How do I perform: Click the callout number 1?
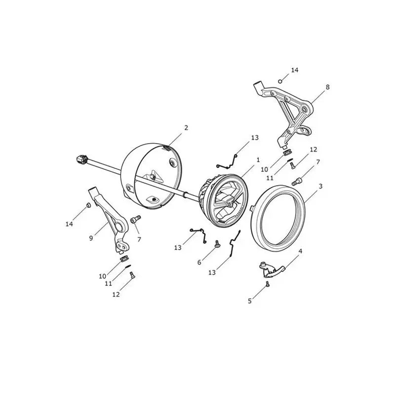pos(258,160)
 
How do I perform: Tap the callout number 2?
pos(186,128)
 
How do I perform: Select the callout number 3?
pos(320,186)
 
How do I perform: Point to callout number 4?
pos(300,251)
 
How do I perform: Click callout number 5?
pos(250,301)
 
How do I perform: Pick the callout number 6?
pos(199,263)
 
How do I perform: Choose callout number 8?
pos(327,87)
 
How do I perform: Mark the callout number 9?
pos(91,238)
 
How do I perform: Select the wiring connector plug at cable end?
pos(81,159)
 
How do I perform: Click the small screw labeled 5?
pos(268,284)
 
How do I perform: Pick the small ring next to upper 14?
pos(280,81)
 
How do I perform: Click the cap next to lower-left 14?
pos(88,205)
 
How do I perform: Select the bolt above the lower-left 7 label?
pos(135,219)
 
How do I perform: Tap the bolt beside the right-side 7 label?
pos(297,181)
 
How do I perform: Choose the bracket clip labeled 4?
pos(271,270)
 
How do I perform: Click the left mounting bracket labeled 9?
pos(111,221)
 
